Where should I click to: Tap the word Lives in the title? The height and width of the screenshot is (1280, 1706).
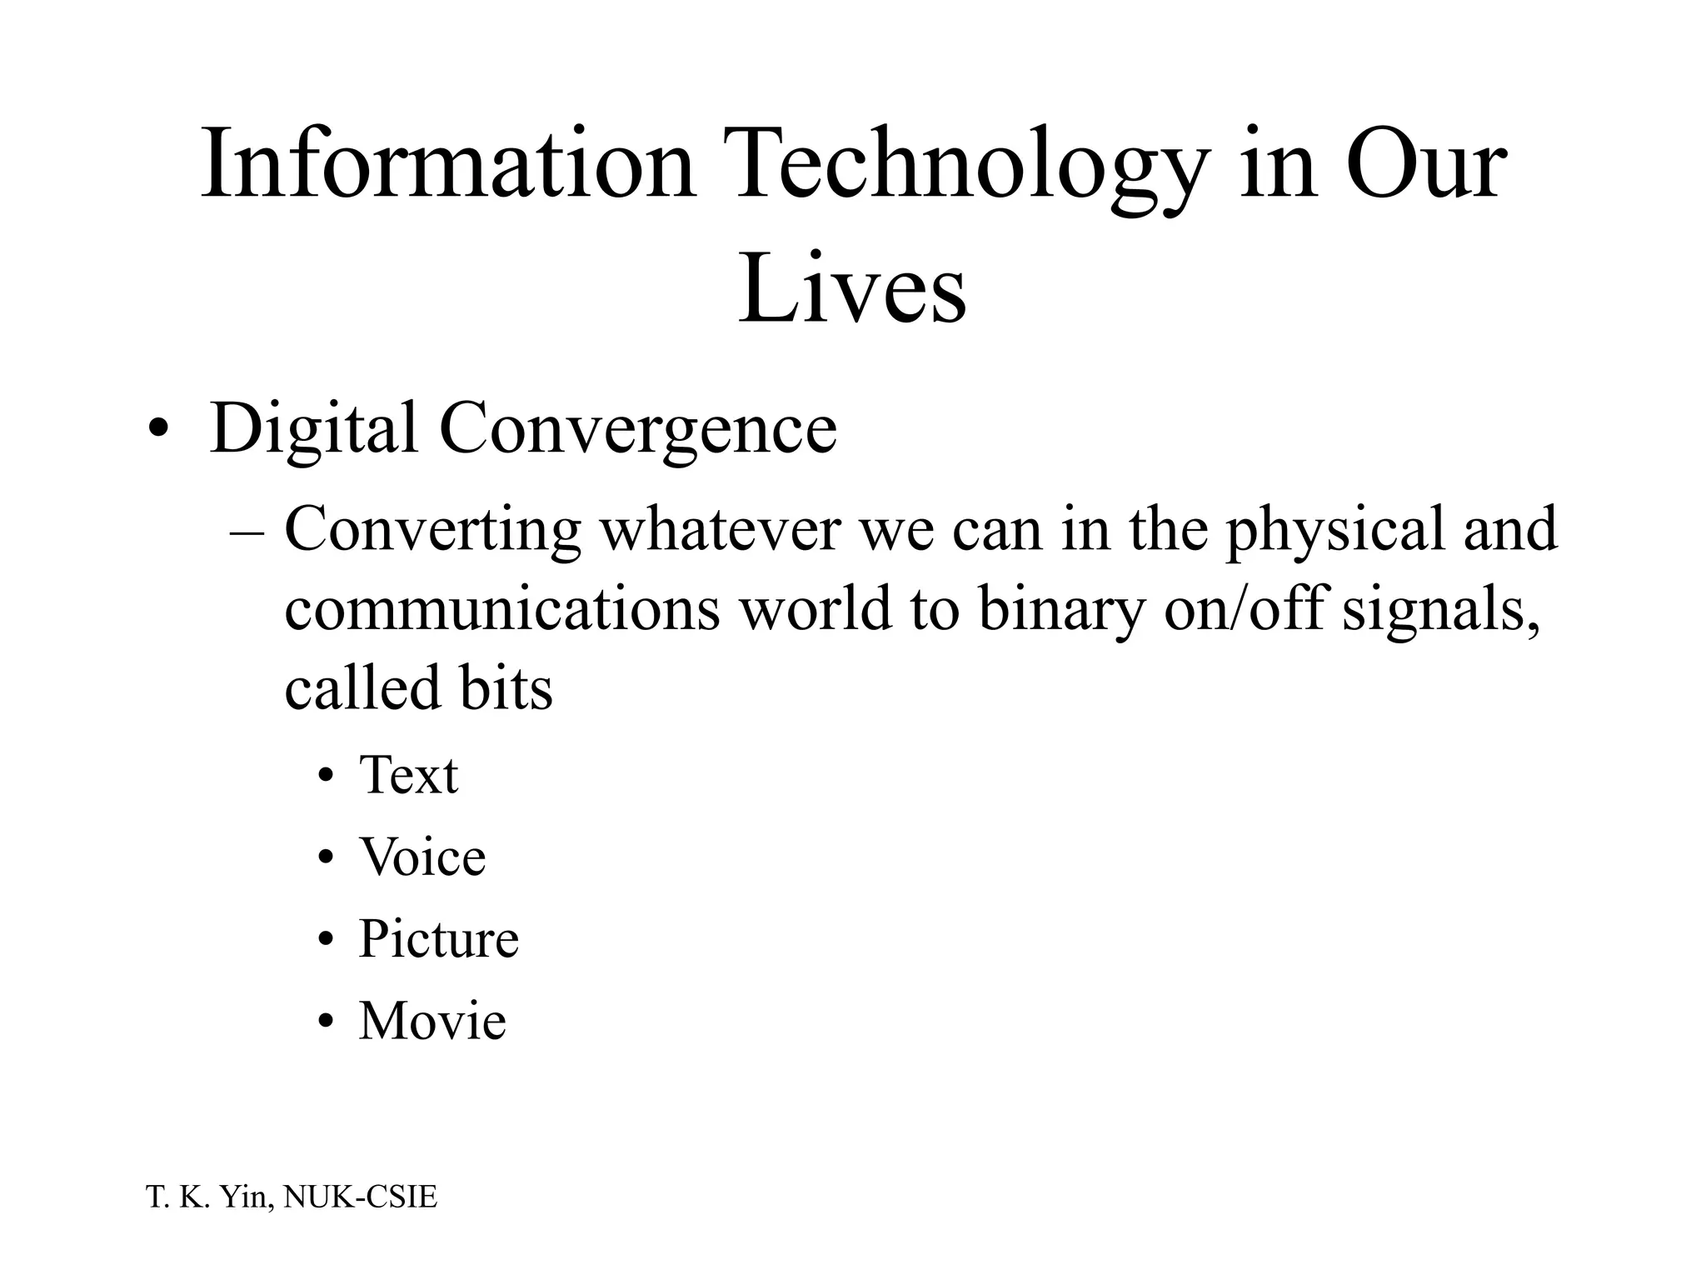[x=851, y=288]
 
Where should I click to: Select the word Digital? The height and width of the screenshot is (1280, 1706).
[x=313, y=430]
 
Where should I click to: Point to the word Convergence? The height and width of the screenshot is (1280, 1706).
[x=637, y=430]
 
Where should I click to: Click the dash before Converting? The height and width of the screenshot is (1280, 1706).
[x=246, y=533]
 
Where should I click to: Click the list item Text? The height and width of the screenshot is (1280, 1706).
[x=408, y=776]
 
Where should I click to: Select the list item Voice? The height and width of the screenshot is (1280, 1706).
[x=422, y=857]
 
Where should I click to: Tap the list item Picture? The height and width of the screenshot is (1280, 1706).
[x=438, y=939]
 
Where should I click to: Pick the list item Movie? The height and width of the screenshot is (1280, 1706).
[x=431, y=1021]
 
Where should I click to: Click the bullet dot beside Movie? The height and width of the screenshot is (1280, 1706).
[x=327, y=1022]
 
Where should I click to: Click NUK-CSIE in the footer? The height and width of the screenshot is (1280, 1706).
[x=360, y=1197]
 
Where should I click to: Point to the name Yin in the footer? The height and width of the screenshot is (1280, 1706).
[x=242, y=1197]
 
